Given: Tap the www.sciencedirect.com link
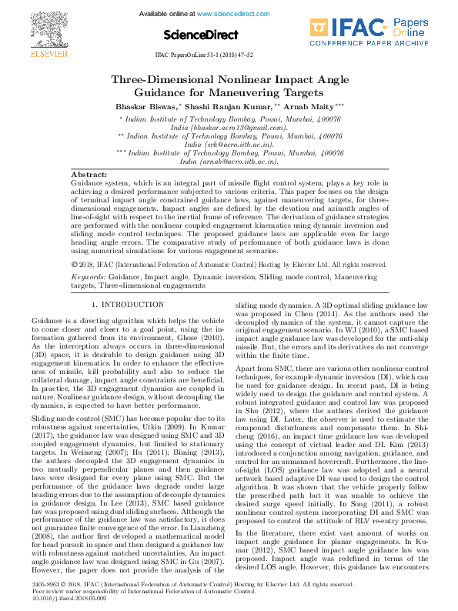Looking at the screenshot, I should pyautogui.click(x=235, y=15).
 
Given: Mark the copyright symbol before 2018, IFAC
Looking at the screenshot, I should pyautogui.click(x=74, y=263).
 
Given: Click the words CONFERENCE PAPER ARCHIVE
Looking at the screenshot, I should pyautogui.click(x=369, y=45).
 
